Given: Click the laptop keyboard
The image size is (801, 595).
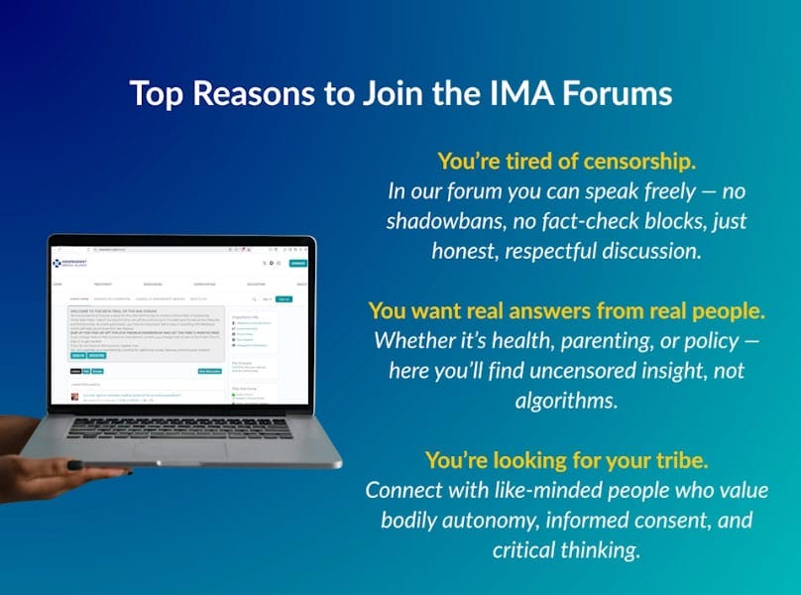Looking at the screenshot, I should tap(176, 426).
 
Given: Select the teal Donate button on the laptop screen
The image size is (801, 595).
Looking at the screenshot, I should tap(297, 263).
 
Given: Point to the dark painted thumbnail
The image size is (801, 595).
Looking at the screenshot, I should tap(75, 396).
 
